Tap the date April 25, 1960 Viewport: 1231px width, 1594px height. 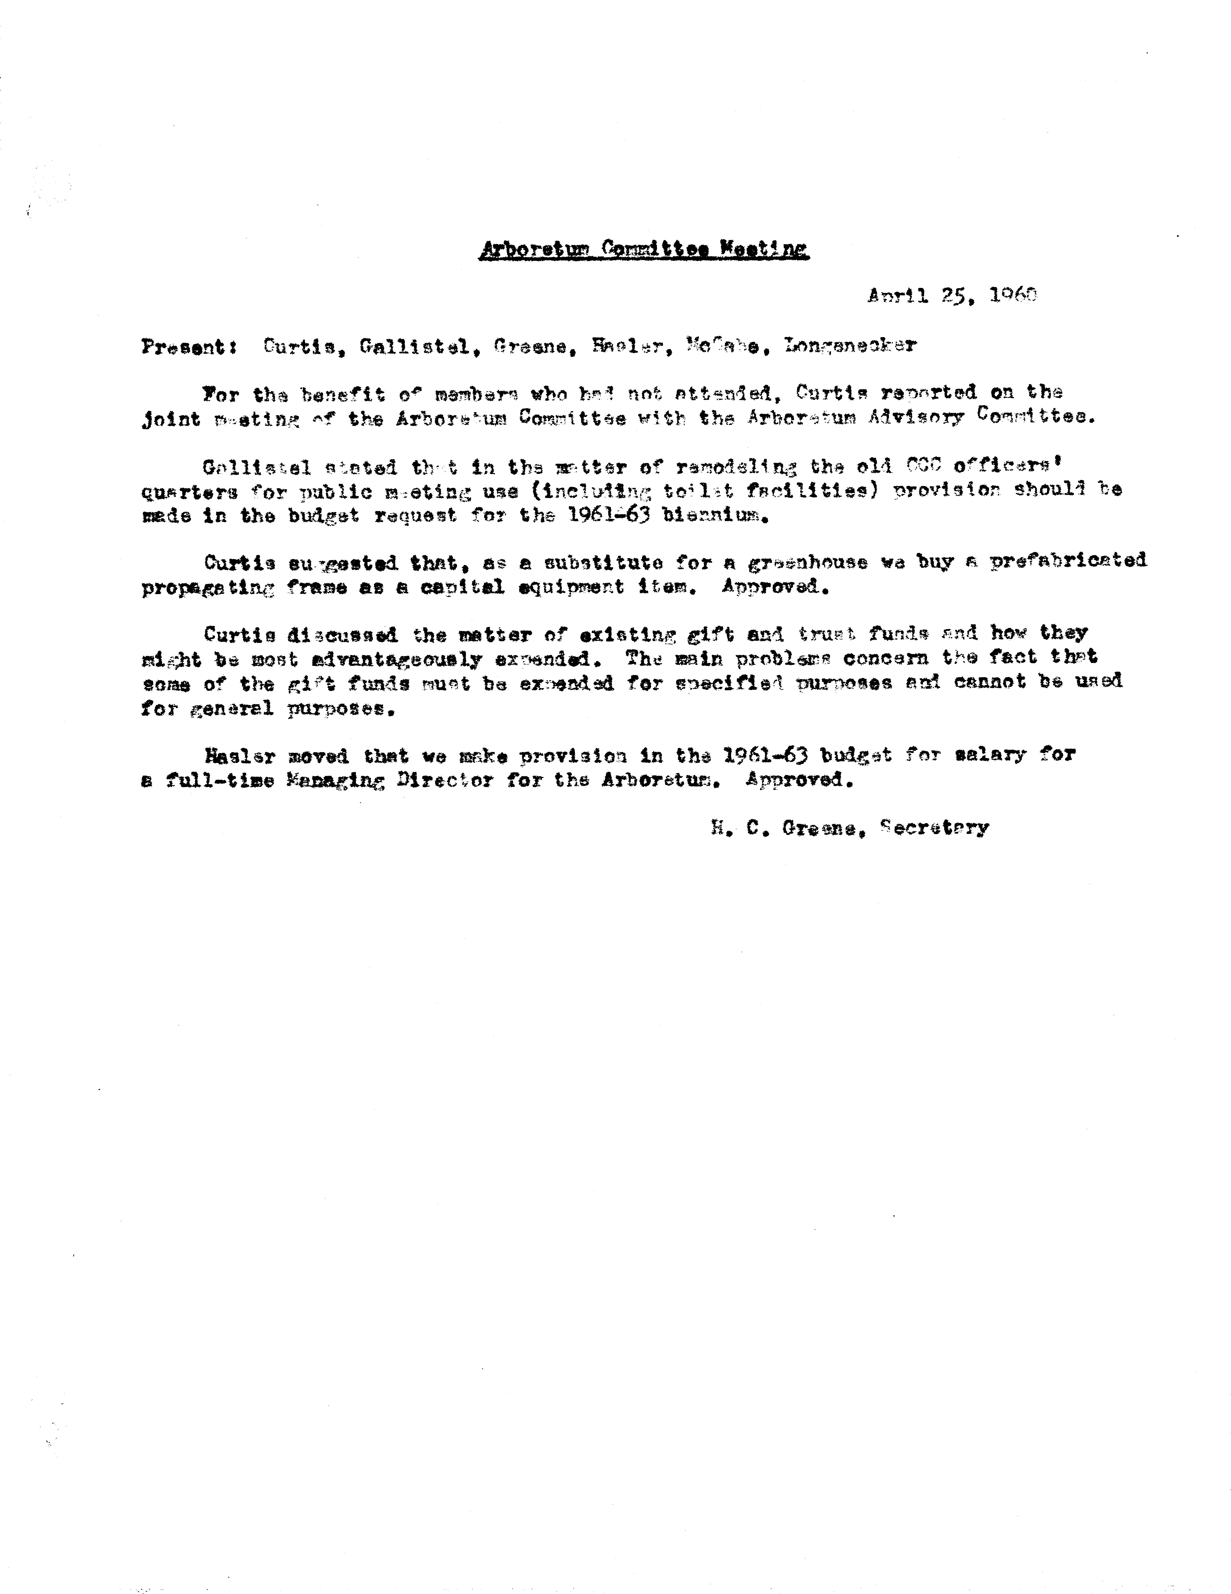[952, 296]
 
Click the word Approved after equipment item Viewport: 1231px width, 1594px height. [775, 587]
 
